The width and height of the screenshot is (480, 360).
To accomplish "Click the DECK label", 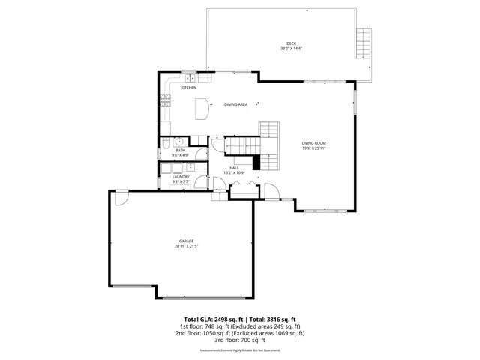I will pos(291,43).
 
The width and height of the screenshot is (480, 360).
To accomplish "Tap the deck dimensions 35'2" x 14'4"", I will pos(291,49).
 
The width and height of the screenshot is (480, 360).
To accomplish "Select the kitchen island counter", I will pos(200,108).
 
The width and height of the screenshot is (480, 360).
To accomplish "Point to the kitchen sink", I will pos(191,77).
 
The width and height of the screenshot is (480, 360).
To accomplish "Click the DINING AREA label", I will pos(235,104).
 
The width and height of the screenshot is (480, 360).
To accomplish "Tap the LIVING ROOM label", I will pos(314,143).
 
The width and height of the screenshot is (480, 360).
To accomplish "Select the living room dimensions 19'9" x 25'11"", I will pos(314,148).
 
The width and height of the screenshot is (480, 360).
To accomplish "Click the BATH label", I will pos(180,150).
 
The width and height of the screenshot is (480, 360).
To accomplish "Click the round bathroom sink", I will pos(179,141).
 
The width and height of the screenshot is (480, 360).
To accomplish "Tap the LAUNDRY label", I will pos(181,177).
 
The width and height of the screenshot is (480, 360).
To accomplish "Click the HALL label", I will pos(234,168).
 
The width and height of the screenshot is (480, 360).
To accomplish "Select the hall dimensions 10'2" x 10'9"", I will pos(234,173).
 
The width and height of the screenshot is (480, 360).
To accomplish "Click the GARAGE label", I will pos(186,241).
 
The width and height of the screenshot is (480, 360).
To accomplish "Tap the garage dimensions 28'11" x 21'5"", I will pos(186,246).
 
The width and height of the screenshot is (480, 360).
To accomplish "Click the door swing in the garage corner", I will pos(120,197).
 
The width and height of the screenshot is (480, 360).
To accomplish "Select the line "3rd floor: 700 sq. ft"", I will pos(239,340).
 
